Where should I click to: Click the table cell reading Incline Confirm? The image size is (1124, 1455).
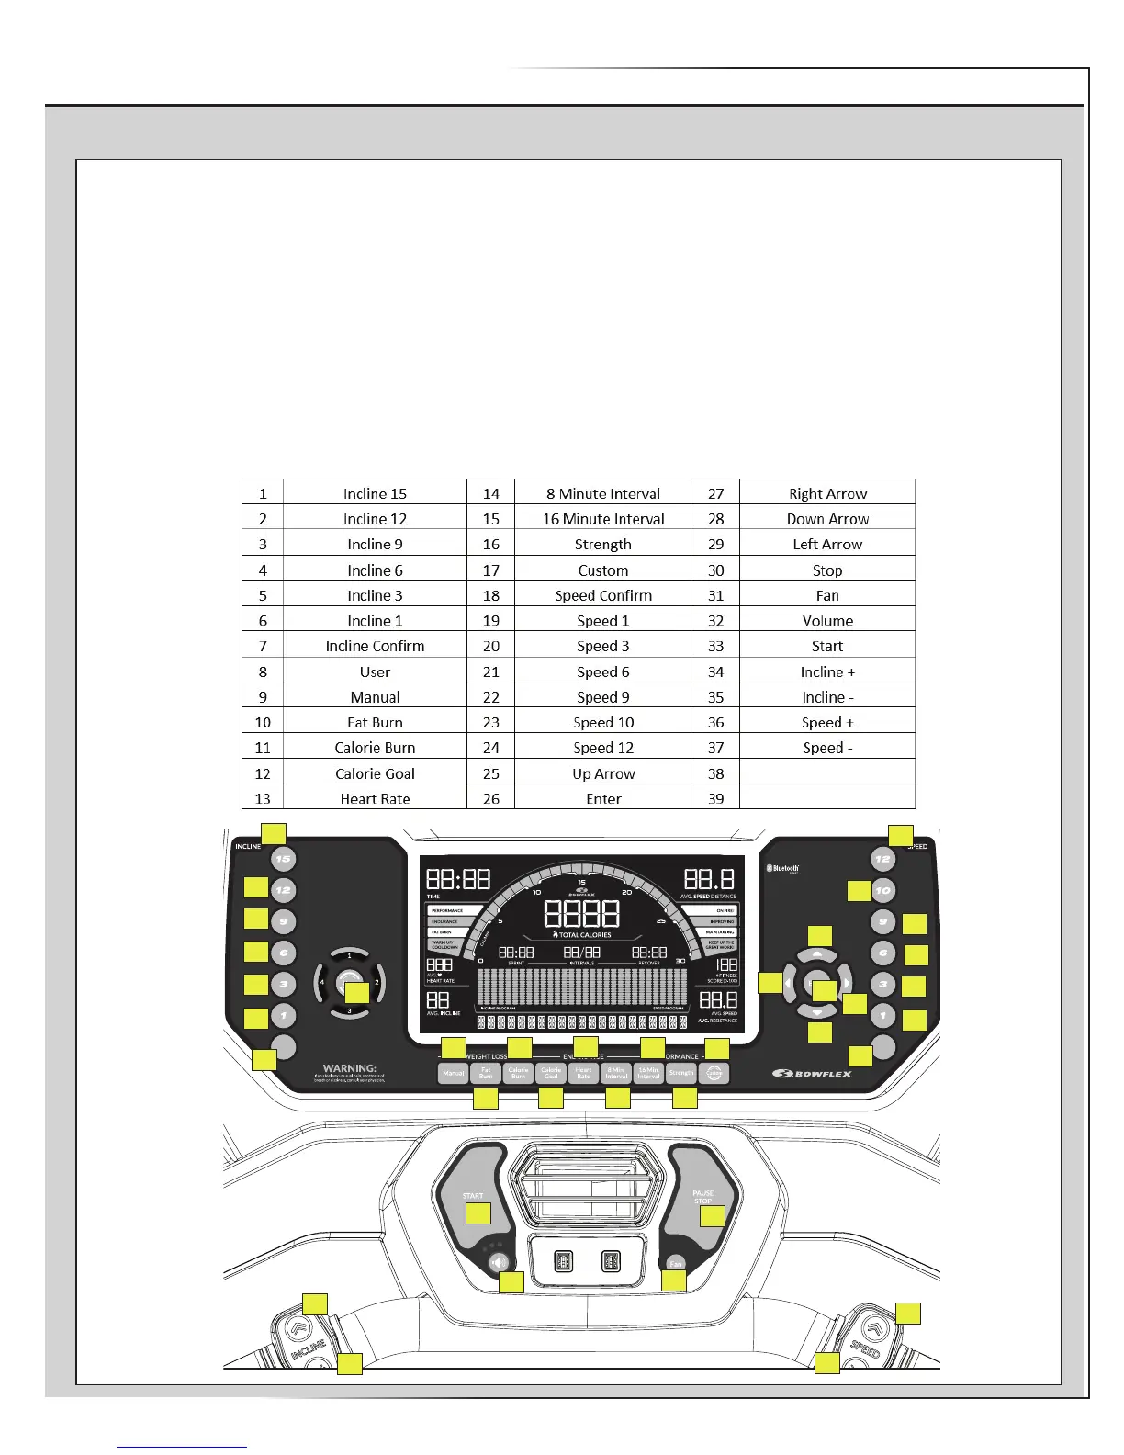click(x=375, y=646)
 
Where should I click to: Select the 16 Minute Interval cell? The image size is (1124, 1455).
click(x=602, y=519)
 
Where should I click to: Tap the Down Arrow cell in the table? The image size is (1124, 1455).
click(x=826, y=519)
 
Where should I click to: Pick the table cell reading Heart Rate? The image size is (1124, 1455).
click(x=375, y=798)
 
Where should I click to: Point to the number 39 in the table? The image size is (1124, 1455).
click(x=715, y=798)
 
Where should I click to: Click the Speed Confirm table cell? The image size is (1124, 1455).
click(x=602, y=595)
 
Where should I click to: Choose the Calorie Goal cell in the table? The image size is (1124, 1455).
click(x=375, y=773)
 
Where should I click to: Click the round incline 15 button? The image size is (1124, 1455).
click(x=283, y=859)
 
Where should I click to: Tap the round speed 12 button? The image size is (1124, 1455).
click(x=882, y=860)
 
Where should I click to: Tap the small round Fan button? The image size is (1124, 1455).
click(x=675, y=1263)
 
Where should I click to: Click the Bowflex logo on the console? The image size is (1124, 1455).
click(x=812, y=1073)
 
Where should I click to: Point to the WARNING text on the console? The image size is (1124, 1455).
click(x=350, y=1068)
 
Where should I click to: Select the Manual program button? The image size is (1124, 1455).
click(x=454, y=1073)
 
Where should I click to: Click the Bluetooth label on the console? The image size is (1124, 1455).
click(x=783, y=868)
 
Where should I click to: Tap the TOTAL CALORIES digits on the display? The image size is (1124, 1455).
click(x=581, y=913)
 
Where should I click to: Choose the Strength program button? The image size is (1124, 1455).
click(x=681, y=1073)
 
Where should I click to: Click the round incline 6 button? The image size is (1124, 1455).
click(x=284, y=953)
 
